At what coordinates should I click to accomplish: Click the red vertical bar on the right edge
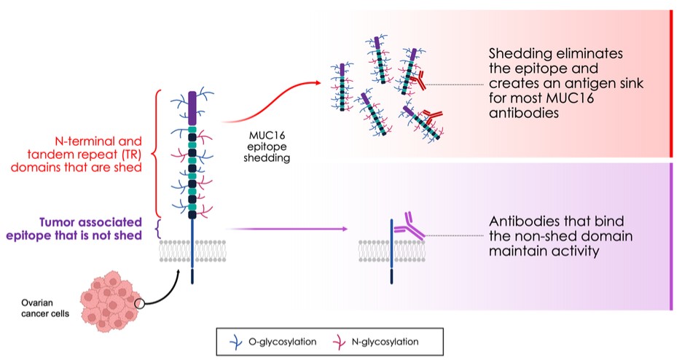click(x=670, y=83)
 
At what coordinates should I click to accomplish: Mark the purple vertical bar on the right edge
click(x=670, y=237)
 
